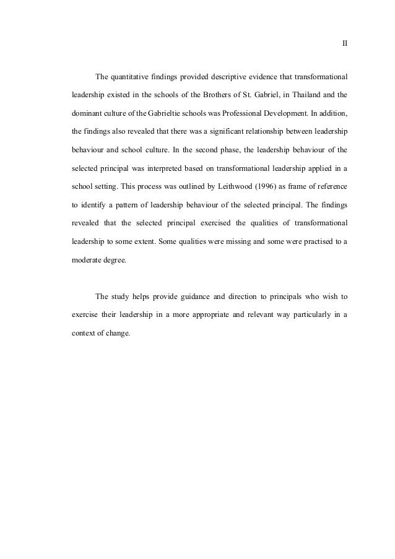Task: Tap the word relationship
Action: tap(291, 132)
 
